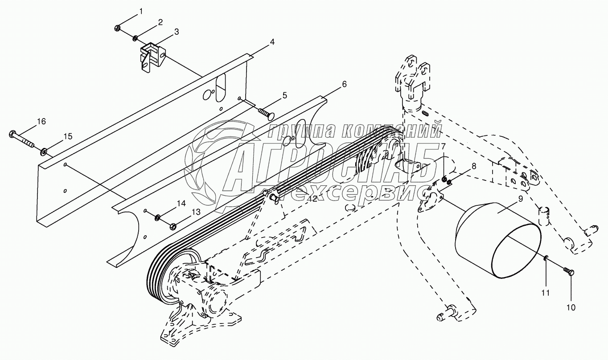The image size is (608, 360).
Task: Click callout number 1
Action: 141,11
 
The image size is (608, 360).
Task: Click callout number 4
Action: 271,42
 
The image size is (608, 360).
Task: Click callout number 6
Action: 344,84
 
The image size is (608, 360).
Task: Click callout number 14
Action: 181,204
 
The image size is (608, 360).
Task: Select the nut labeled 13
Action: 173,226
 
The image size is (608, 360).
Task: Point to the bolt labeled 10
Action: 569,271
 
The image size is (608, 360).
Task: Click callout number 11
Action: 546,293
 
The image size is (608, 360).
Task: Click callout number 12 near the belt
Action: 312,199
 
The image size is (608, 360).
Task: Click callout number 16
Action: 41,121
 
